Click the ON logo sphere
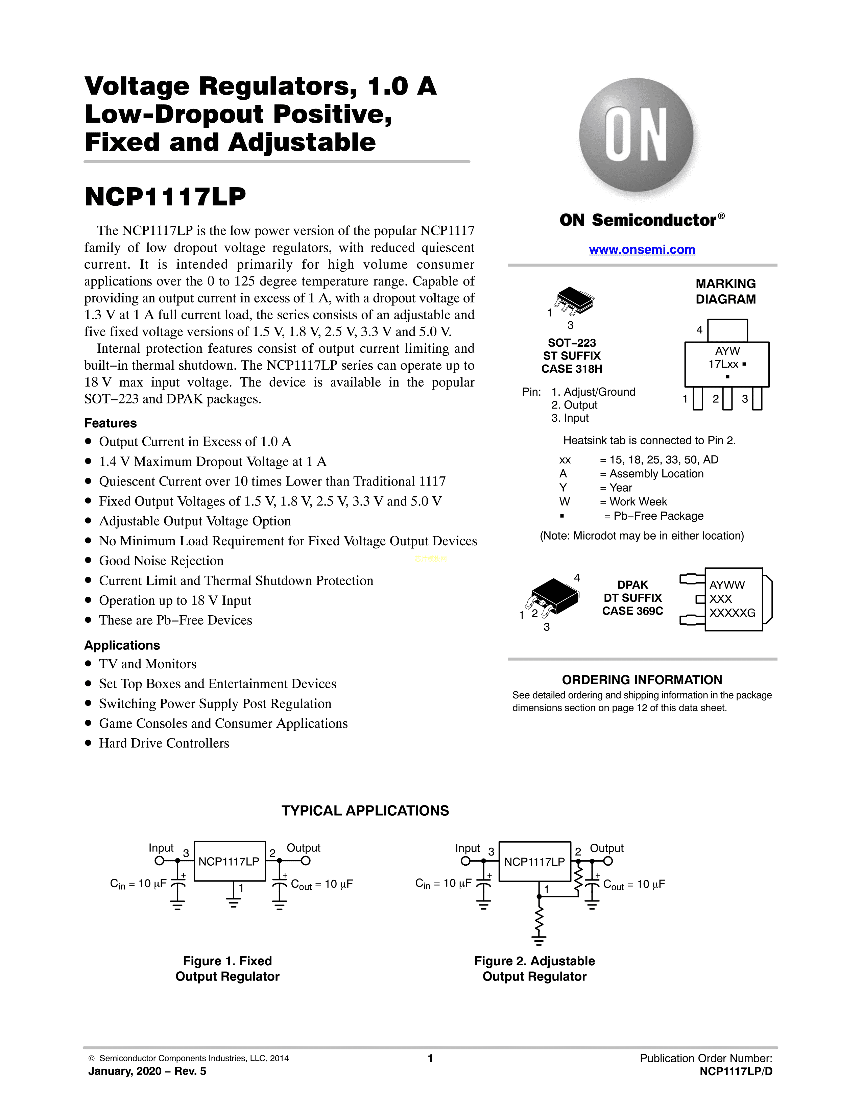(x=636, y=135)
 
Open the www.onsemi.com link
(x=642, y=250)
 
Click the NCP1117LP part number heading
(x=165, y=197)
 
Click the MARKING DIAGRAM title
(x=726, y=292)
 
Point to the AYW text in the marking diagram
(x=727, y=351)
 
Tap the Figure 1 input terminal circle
(x=159, y=861)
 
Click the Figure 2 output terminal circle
(x=608, y=861)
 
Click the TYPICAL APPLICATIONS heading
(x=365, y=811)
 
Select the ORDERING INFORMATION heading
(x=642, y=680)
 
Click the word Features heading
(x=110, y=423)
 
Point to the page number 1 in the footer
(x=430, y=1058)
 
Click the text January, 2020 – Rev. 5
(x=147, y=1071)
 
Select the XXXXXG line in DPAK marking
(x=732, y=613)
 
